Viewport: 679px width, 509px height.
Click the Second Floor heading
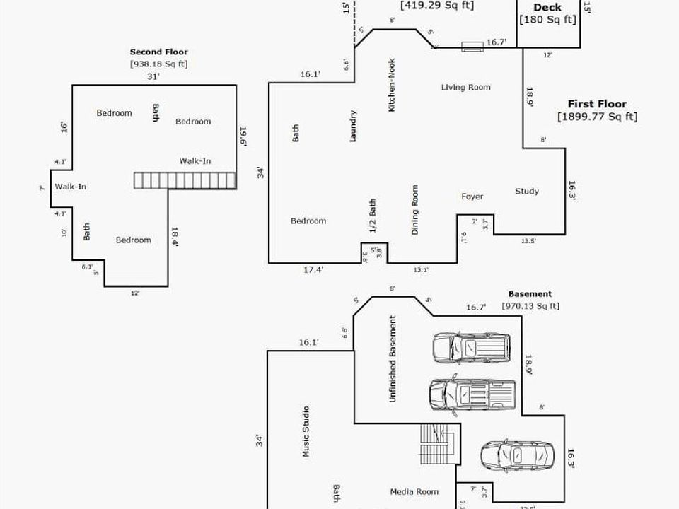pyautogui.click(x=158, y=52)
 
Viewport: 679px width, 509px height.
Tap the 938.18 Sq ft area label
pyautogui.click(x=158, y=64)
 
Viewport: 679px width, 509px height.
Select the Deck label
pyautogui.click(x=547, y=8)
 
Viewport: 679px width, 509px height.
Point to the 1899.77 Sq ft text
pyautogui.click(x=597, y=117)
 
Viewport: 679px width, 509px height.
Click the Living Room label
pyautogui.click(x=465, y=88)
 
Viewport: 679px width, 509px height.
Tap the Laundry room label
pyautogui.click(x=353, y=126)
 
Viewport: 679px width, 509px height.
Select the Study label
pyautogui.click(x=527, y=191)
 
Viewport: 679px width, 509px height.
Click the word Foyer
pyautogui.click(x=472, y=197)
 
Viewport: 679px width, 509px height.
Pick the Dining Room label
pyautogui.click(x=415, y=210)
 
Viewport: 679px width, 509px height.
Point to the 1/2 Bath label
pyautogui.click(x=373, y=216)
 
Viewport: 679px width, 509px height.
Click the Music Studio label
pyautogui.click(x=306, y=431)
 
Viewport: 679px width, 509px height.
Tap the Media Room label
pyautogui.click(x=414, y=492)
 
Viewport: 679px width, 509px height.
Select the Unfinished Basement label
pyautogui.click(x=393, y=358)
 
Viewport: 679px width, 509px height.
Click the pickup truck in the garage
pyautogui.click(x=472, y=394)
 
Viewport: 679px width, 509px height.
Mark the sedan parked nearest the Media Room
pyautogui.click(x=508, y=457)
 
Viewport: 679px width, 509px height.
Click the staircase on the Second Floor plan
pyautogui.click(x=185, y=180)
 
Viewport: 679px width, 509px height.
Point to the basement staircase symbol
pyautogui.click(x=435, y=444)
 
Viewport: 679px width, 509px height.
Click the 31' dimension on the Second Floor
pyautogui.click(x=153, y=76)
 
